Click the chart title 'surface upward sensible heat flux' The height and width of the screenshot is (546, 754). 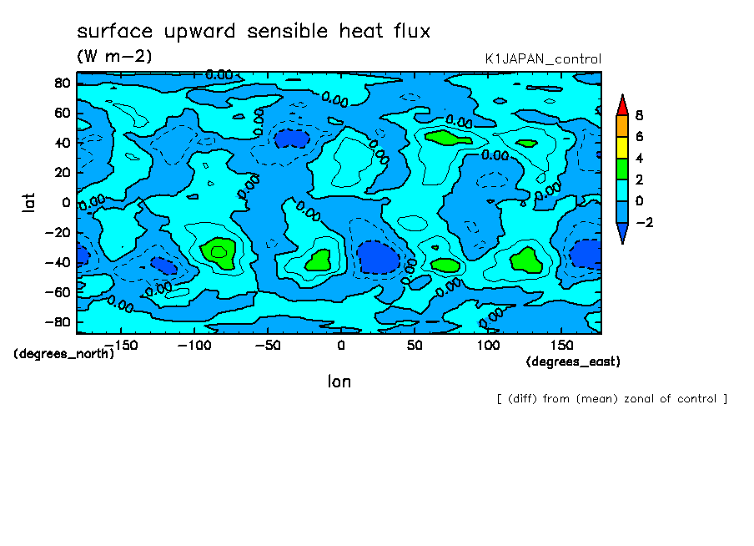pyautogui.click(x=254, y=32)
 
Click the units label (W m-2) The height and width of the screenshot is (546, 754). pyautogui.click(x=114, y=57)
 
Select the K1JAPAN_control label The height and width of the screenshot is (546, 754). pyautogui.click(x=542, y=59)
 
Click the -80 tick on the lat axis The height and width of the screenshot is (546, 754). pyautogui.click(x=60, y=322)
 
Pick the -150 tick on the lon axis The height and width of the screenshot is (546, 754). pyautogui.click(x=121, y=345)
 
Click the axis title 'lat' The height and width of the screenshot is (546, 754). pyautogui.click(x=28, y=200)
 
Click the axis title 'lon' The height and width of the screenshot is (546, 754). pyautogui.click(x=339, y=382)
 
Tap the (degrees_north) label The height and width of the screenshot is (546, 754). pyautogui.click(x=64, y=353)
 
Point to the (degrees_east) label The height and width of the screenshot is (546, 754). pyautogui.click(x=573, y=361)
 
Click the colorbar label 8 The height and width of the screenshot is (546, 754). pyautogui.click(x=639, y=115)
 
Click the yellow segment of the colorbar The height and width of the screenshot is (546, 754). pyautogui.click(x=621, y=147)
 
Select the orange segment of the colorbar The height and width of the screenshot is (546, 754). pyautogui.click(x=621, y=125)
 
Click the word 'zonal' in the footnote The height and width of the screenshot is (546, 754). pyautogui.click(x=650, y=399)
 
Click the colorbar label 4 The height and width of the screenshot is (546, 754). pyautogui.click(x=639, y=159)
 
